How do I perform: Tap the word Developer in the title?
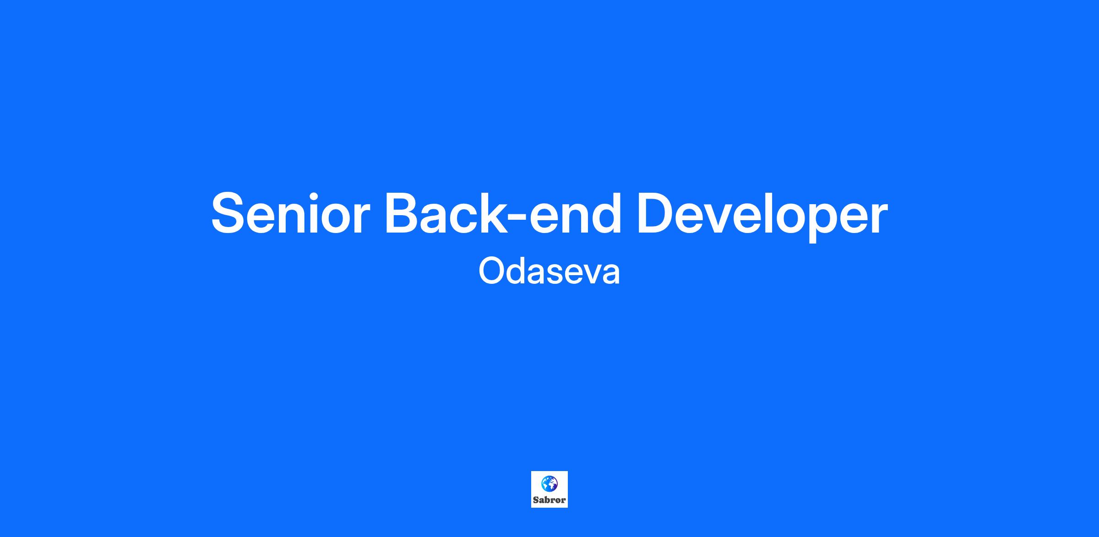[762, 215]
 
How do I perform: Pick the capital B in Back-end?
[405, 213]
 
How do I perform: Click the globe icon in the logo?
[549, 483]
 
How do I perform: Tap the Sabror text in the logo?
[549, 500]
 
